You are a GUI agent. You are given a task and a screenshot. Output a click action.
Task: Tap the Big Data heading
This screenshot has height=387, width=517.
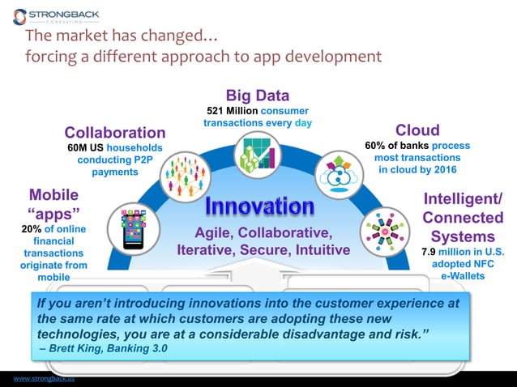[x=257, y=95]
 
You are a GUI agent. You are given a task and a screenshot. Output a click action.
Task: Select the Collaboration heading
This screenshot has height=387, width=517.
[x=114, y=132]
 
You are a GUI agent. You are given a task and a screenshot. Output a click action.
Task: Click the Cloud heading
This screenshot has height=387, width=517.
[x=417, y=130]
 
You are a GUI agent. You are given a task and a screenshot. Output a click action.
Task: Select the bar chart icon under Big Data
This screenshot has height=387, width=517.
[x=258, y=153]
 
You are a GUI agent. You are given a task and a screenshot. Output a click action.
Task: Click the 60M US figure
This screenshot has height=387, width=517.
[x=83, y=148]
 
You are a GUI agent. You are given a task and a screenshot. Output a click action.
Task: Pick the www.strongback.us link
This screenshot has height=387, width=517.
[x=37, y=378]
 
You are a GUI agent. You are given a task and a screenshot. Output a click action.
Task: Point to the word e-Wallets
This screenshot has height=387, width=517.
[x=464, y=276]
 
